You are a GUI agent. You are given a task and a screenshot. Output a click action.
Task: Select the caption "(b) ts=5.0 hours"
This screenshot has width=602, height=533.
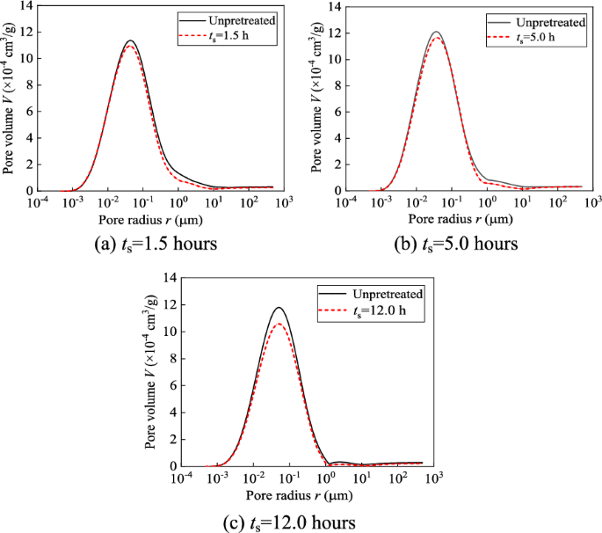(456, 243)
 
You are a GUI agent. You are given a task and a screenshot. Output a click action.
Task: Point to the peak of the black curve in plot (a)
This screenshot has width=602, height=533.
(130, 40)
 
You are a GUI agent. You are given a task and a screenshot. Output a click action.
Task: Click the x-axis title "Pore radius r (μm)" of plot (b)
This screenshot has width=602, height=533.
(454, 217)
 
